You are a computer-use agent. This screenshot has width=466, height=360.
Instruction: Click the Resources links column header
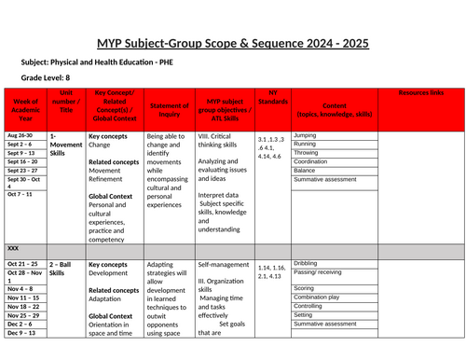pyautogui.click(x=420, y=93)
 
